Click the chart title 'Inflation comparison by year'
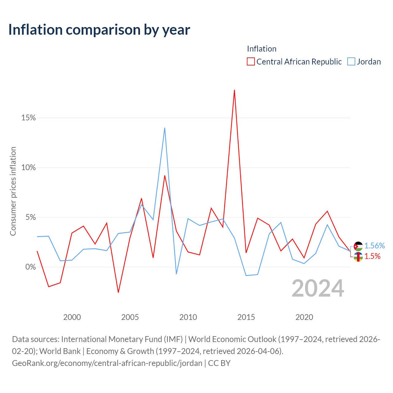point(99,30)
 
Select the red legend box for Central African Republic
point(251,61)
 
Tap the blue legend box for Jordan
point(351,61)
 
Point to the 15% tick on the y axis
point(28,118)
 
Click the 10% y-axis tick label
point(28,167)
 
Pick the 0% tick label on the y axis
point(30,267)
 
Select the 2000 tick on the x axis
point(72,317)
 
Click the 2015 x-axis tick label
point(246,317)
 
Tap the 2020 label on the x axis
point(304,317)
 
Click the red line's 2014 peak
point(234,90)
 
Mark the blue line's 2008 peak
point(165,128)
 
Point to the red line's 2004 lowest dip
point(118,293)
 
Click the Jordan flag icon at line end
point(358,246)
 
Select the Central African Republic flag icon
point(358,257)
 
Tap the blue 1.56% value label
point(375,246)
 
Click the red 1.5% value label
point(372,256)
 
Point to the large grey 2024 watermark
point(318,288)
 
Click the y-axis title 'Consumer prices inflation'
point(13,191)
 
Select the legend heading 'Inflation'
point(262,49)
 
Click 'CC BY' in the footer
point(219,363)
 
